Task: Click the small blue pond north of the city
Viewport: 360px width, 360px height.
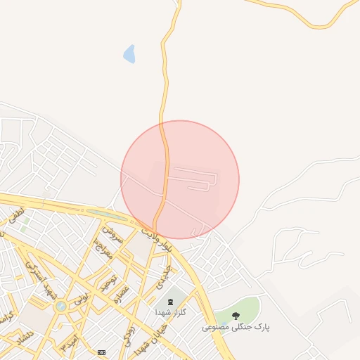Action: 129,53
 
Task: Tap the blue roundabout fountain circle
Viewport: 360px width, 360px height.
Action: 61,306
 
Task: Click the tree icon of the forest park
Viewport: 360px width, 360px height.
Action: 235,315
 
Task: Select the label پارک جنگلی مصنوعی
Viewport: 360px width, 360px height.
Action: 236,327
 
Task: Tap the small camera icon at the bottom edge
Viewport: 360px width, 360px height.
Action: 102,352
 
